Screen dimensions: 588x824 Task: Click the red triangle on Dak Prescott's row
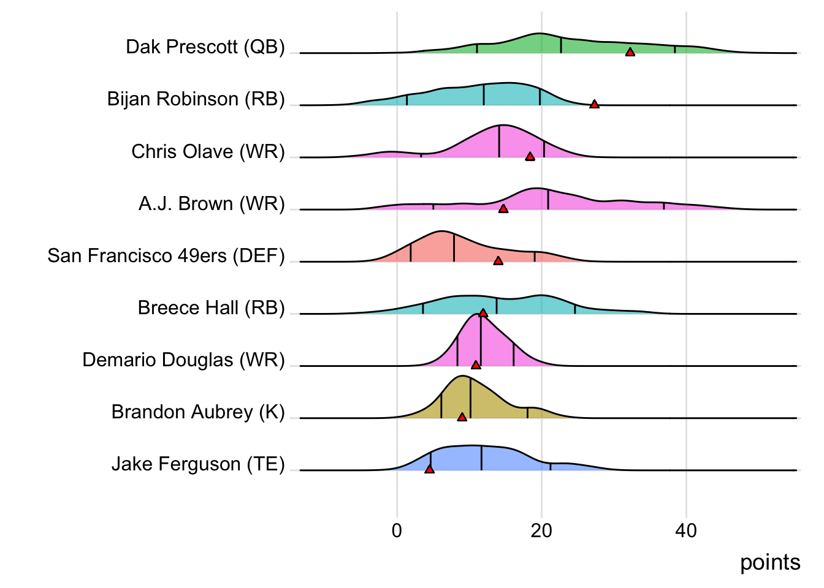click(x=630, y=52)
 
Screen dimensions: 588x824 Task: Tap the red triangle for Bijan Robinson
click(x=594, y=104)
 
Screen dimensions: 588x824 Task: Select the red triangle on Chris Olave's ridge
click(x=530, y=156)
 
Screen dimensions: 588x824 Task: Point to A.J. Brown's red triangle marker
click(x=503, y=209)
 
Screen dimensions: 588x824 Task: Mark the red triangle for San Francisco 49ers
click(x=498, y=261)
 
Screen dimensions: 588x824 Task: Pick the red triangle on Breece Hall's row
click(x=483, y=313)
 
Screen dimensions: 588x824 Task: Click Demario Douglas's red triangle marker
click(x=476, y=365)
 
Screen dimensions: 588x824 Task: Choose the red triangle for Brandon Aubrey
click(x=462, y=417)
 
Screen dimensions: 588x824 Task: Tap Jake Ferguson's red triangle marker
click(x=429, y=469)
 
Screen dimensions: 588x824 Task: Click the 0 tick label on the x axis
click(x=397, y=530)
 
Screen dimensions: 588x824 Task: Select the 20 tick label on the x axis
click(x=541, y=530)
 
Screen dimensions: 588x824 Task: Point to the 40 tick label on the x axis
click(x=686, y=530)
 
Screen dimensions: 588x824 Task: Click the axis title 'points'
click(x=770, y=562)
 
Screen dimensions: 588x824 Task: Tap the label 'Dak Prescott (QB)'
click(x=205, y=47)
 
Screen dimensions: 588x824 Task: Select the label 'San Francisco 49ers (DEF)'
click(x=166, y=255)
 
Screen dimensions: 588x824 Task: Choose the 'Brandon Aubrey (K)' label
click(x=198, y=412)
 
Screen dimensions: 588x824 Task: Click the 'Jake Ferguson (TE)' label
click(x=198, y=464)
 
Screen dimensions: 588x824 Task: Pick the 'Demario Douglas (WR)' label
click(x=183, y=360)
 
